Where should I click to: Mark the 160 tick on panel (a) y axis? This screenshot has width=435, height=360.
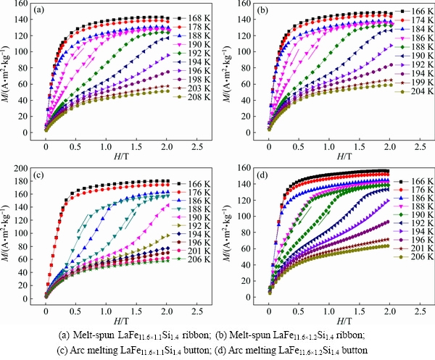coord(27,5)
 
